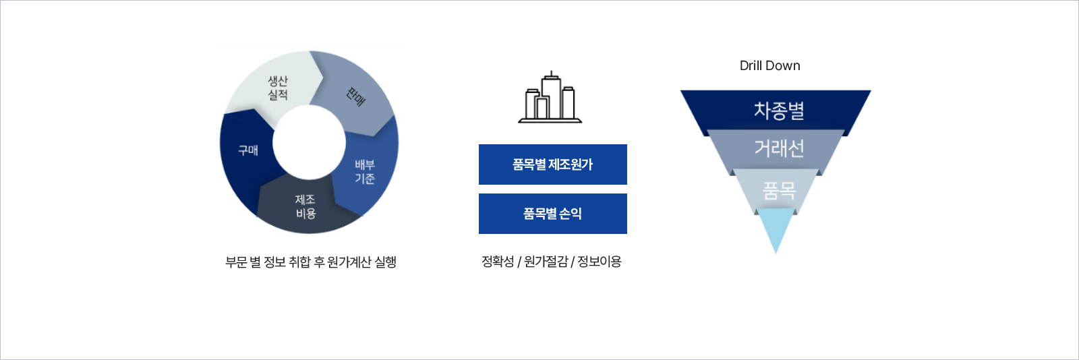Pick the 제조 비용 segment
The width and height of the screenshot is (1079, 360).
[305, 206]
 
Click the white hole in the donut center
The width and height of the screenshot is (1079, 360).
[310, 142]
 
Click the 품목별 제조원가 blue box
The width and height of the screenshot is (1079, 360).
[552, 164]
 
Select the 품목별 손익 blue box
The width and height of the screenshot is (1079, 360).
[552, 213]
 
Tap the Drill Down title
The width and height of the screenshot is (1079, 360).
[769, 65]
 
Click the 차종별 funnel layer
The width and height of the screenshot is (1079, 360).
[776, 110]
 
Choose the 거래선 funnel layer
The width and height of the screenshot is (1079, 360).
[776, 149]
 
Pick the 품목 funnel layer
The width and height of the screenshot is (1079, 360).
[776, 191]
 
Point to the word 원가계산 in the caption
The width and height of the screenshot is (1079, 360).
[349, 262]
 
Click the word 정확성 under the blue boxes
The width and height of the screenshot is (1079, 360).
[498, 262]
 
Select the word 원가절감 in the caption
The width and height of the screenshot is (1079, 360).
[546, 262]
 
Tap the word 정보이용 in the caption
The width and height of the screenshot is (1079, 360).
[600, 262]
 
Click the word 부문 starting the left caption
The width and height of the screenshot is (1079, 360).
[236, 262]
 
